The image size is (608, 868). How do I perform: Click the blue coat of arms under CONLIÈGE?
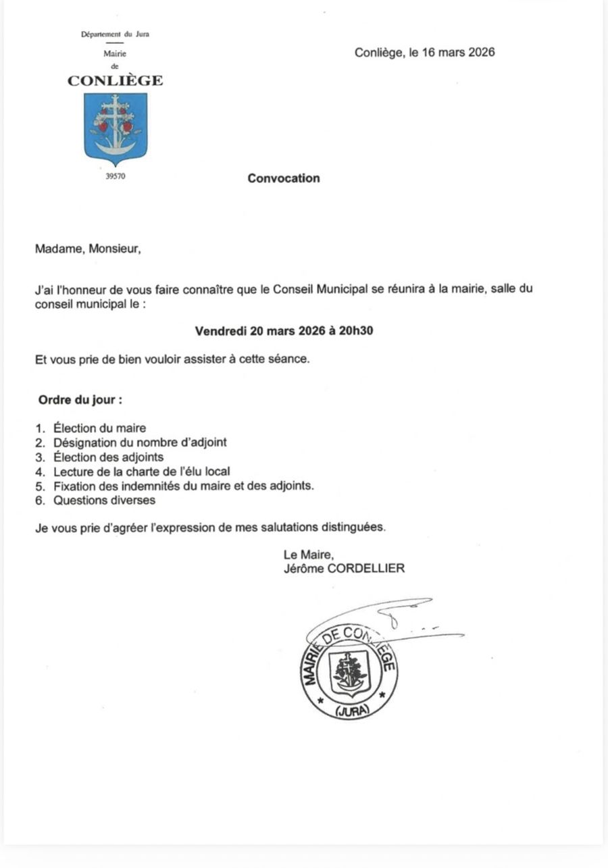coord(115,128)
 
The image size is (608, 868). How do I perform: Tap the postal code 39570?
coord(116,178)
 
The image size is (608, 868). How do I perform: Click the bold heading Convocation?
coord(284,178)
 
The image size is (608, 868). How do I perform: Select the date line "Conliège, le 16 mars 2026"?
coord(424,53)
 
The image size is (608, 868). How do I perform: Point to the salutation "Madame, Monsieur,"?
coord(88,249)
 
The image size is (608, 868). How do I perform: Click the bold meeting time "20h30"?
coord(352,331)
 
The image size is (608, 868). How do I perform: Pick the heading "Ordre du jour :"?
coord(80,399)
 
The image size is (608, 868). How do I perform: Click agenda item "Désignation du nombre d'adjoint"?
coord(140,442)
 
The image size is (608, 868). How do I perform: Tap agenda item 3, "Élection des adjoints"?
coord(108,457)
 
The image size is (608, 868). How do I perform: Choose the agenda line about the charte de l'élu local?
coord(143,471)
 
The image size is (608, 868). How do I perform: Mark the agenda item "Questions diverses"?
coord(105,501)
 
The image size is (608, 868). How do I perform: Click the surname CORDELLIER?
coord(366,569)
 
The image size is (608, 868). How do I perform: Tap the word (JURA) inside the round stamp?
coord(351,711)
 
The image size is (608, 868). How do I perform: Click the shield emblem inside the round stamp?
coord(349,673)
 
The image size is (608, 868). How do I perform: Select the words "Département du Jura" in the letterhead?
coord(115,34)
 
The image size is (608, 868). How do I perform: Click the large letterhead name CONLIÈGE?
coord(115,81)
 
